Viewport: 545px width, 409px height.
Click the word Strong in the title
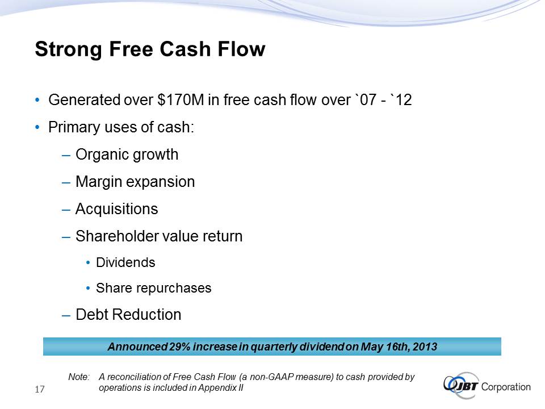[x=68, y=49]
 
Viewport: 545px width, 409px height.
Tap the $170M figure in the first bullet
[x=181, y=100]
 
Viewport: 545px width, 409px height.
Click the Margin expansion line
[x=135, y=182]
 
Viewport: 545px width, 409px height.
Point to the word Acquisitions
[x=117, y=209]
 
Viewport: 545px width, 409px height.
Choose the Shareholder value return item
[x=159, y=236]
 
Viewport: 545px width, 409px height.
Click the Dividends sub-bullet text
[x=125, y=262]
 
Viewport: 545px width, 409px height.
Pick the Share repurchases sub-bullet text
[x=154, y=289]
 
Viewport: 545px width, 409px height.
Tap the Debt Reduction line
[x=128, y=314]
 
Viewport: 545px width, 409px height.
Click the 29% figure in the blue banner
[x=180, y=347]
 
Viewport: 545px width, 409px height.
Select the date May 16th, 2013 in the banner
[x=399, y=347]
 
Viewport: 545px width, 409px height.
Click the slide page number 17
[x=40, y=389]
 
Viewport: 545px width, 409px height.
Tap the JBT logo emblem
[x=462, y=385]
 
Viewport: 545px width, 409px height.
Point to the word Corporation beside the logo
[x=506, y=387]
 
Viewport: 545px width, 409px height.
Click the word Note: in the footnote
[x=79, y=377]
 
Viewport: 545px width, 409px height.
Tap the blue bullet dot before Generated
[x=37, y=100]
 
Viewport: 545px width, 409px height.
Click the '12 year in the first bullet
[x=401, y=100]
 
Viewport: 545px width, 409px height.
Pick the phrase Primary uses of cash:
[x=121, y=127]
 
